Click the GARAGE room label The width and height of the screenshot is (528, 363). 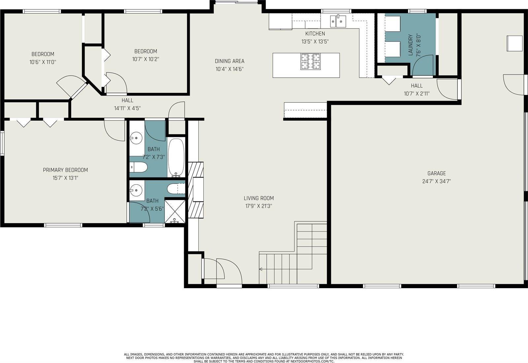[437, 173]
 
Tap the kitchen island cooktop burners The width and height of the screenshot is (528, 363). [311, 62]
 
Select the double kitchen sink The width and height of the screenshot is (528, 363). [338, 21]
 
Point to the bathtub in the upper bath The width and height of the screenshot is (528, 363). [176, 158]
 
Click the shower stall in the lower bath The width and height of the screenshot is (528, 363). [175, 211]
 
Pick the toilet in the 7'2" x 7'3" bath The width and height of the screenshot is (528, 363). [138, 167]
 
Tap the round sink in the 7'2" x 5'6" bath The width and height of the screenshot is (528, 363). [136, 190]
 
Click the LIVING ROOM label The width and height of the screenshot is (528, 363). [259, 198]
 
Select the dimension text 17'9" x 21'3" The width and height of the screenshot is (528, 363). [259, 206]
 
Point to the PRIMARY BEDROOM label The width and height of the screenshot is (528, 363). [65, 170]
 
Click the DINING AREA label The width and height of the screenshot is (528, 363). [230, 61]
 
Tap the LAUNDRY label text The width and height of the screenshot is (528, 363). [411, 45]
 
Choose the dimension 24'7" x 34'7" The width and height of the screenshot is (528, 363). [437, 181]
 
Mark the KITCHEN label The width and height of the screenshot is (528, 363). [315, 33]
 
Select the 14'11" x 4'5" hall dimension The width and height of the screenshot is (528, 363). [127, 108]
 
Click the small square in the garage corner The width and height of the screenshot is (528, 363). [515, 43]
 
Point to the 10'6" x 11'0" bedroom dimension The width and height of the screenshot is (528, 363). [43, 62]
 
